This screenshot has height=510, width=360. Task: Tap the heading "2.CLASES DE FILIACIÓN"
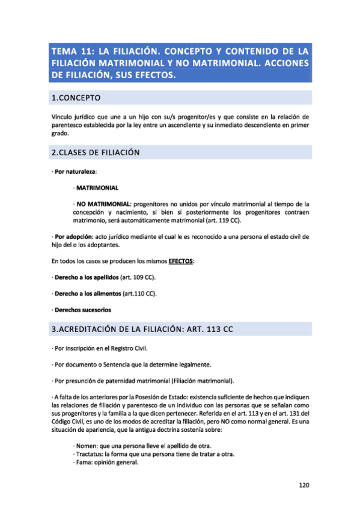(96, 153)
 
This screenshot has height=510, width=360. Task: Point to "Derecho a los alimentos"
(87, 294)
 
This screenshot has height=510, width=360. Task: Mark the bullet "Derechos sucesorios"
(82, 310)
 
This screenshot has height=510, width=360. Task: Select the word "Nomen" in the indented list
(85, 446)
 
